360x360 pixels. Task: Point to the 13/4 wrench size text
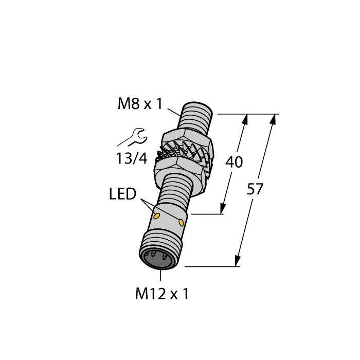[132, 158]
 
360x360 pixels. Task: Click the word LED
[122, 194]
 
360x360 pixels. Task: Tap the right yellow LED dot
[181, 222]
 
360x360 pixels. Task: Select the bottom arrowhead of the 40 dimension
[223, 209]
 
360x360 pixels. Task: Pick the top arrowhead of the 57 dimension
[273, 119]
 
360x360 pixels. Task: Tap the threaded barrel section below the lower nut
[175, 190]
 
